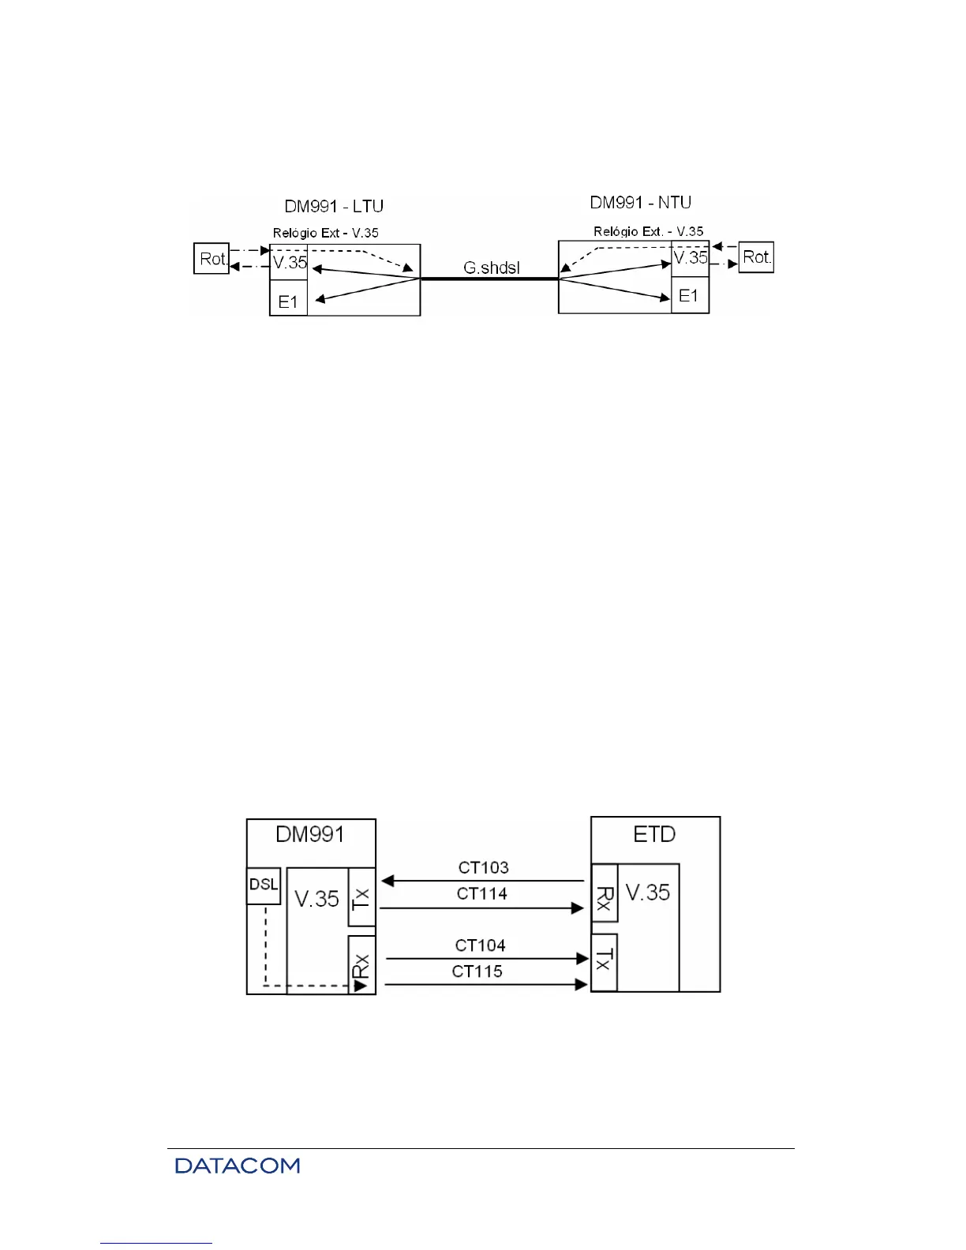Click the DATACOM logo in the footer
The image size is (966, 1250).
[238, 1166]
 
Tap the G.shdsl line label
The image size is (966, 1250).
[491, 268]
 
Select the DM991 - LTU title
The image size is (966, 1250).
[334, 207]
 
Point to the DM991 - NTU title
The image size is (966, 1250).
[640, 203]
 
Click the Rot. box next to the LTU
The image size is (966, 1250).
[212, 258]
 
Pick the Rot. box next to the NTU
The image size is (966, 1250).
[756, 256]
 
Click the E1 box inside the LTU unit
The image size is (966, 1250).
[288, 300]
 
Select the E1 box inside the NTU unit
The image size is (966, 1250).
[690, 296]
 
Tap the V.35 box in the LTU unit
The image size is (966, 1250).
[289, 263]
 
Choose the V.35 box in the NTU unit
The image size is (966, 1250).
[691, 257]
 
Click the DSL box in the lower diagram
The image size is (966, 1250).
[264, 885]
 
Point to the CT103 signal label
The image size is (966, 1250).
[483, 867]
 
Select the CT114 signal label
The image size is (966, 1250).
[481, 893]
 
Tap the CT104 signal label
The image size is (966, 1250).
[480, 945]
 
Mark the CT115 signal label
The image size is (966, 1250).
[477, 971]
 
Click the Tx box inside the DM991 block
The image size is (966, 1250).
[361, 897]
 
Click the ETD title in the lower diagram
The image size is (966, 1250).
[654, 834]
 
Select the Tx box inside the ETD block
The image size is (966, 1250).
[604, 961]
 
